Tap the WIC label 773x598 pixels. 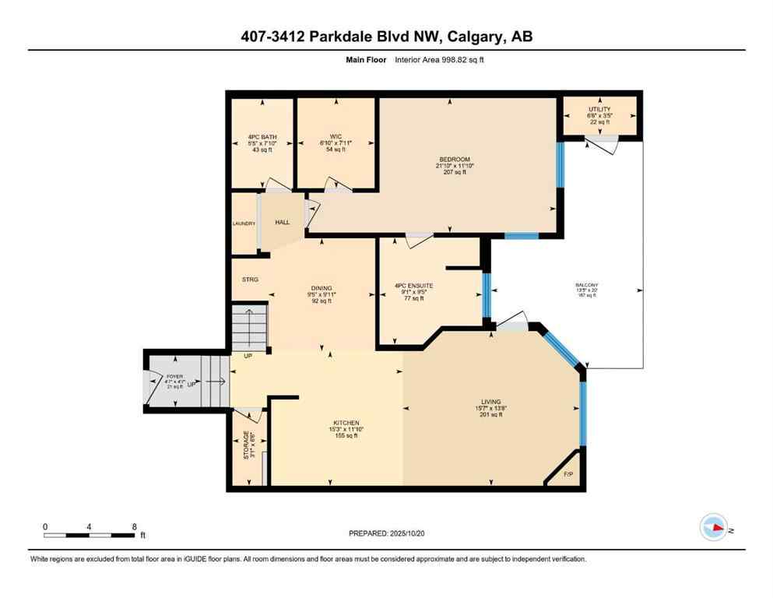coord(336,137)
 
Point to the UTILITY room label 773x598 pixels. coord(599,109)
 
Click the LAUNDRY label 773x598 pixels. coord(244,224)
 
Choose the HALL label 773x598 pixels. coord(282,223)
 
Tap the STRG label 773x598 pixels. coord(249,280)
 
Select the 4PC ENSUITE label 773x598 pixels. coord(413,286)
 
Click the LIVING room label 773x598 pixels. coord(490,402)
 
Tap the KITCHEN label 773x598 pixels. coord(343,423)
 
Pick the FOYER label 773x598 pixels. coord(174,377)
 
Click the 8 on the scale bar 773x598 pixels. coord(135,527)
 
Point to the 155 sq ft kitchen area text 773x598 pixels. coord(343,436)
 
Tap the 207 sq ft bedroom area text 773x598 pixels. coord(453,172)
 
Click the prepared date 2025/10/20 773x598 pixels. coord(419,534)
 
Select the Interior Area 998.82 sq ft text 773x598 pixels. coord(440,60)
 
